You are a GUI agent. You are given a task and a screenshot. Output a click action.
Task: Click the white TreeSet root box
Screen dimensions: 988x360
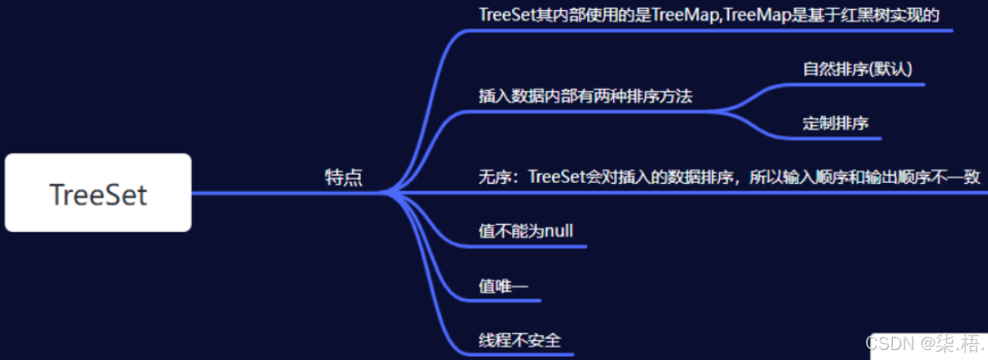click(98, 193)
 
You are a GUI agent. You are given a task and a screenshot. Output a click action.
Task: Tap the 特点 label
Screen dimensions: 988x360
click(343, 177)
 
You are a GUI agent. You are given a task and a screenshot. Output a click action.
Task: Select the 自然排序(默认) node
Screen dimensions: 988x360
click(863, 69)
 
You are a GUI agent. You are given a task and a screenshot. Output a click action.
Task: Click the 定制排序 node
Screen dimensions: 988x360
click(835, 124)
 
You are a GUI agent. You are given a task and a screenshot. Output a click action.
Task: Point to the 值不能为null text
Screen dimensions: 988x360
click(525, 231)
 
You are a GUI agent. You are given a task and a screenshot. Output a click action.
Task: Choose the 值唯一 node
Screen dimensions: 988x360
click(503, 286)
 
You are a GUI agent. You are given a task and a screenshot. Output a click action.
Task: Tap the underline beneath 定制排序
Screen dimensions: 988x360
click(835, 138)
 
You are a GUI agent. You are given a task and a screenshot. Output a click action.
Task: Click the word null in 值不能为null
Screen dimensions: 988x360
click(558, 231)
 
